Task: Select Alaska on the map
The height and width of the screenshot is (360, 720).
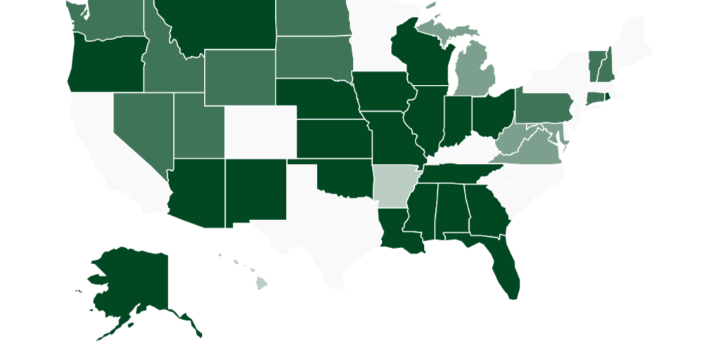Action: coord(134,281)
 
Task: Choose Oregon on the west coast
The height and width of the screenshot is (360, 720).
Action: coord(105,63)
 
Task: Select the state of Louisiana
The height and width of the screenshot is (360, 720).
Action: coord(398,232)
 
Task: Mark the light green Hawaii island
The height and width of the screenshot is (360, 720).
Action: coord(261,283)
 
